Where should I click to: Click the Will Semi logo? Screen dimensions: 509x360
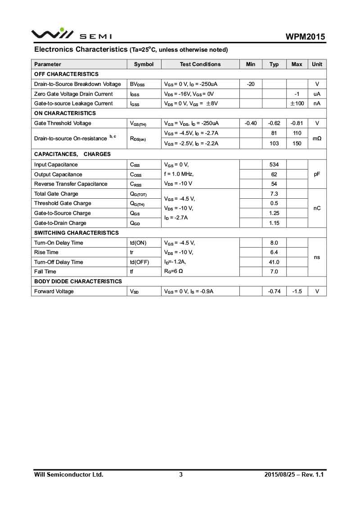tap(71, 34)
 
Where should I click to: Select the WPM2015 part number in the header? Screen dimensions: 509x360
tap(305, 37)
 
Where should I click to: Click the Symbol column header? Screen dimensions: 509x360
tap(144, 64)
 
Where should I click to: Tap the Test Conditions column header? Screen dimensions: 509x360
tap(200, 64)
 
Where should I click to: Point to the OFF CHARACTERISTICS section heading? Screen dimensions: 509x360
tap(66, 74)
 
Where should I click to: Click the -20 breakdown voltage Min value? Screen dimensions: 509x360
tap(251, 84)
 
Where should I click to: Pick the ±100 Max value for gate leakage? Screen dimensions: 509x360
tap(297, 103)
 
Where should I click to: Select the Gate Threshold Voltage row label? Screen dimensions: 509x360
tap(63, 123)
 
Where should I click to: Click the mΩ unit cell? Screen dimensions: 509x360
tap(317, 138)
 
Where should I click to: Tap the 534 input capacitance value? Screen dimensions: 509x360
tap(274, 165)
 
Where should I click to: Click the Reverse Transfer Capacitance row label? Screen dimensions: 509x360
tap(71, 184)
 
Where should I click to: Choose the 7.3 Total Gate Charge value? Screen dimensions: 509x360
tap(274, 194)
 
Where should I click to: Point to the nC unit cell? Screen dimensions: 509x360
tap(317, 208)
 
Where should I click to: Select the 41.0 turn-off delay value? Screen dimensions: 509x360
tap(274, 262)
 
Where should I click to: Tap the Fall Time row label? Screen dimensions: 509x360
tap(45, 272)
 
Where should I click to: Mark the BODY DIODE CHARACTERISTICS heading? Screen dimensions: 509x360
tap(78, 281)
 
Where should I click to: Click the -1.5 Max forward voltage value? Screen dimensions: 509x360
tap(297, 291)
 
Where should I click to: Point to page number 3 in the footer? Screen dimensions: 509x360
tap(181, 474)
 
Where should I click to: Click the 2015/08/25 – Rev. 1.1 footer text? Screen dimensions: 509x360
tap(294, 474)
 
